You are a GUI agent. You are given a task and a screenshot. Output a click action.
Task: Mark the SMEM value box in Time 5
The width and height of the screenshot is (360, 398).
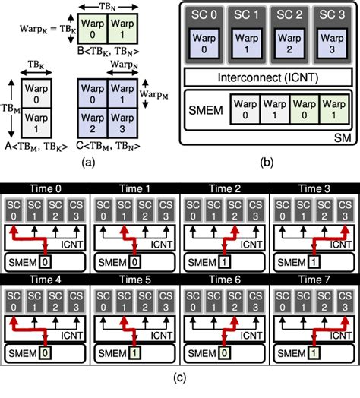pyautogui.click(x=135, y=355)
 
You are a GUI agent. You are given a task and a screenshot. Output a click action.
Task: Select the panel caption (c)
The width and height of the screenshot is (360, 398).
pyautogui.click(x=180, y=389)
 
